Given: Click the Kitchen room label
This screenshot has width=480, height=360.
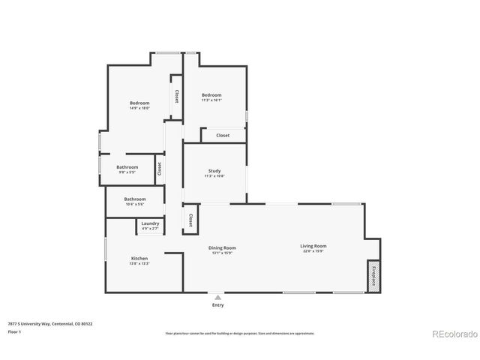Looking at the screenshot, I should [x=139, y=258].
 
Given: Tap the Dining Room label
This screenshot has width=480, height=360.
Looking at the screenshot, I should [x=222, y=247].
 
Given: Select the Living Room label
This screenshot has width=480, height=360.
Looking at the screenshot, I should [x=313, y=246].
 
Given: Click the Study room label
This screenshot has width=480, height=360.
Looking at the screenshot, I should [x=214, y=171].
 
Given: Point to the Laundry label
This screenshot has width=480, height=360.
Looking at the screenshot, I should [x=149, y=223].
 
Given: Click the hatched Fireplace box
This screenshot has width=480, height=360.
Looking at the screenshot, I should [x=373, y=274].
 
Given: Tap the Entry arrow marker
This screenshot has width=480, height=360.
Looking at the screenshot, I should [x=218, y=297].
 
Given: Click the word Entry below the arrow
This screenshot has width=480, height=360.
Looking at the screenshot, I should [x=218, y=305].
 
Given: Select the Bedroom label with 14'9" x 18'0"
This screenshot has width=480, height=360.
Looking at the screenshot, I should [x=139, y=103].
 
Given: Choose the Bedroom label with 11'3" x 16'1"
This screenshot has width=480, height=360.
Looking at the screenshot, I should [x=211, y=95].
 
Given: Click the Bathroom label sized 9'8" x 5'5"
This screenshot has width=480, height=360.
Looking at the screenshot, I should [x=127, y=167].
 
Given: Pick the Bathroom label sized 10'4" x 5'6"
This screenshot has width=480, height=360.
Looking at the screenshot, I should [x=134, y=199].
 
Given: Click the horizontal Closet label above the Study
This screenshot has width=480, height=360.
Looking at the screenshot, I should [x=223, y=135].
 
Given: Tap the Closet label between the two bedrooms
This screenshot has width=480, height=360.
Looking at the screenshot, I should [x=176, y=96].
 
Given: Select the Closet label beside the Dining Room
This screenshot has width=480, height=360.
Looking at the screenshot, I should [x=190, y=220].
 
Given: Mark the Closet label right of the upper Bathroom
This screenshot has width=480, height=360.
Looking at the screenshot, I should [x=159, y=168].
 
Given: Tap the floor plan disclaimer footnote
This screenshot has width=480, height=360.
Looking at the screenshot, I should [x=239, y=333].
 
